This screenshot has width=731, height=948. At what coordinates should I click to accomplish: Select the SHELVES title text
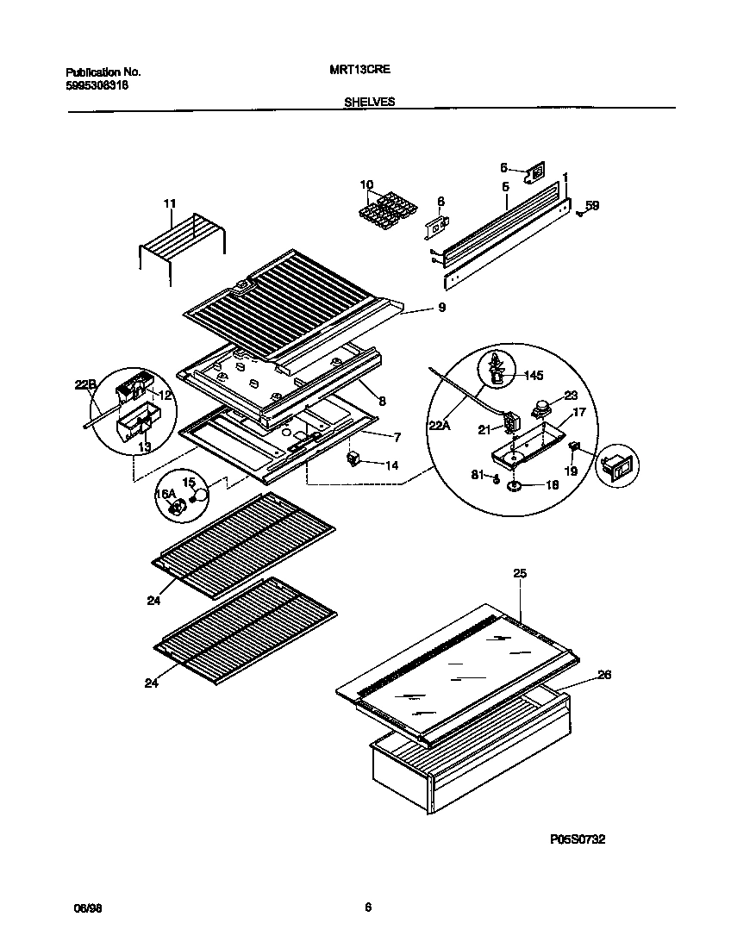point(369,101)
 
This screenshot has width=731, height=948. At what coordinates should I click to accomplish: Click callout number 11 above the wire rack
point(169,203)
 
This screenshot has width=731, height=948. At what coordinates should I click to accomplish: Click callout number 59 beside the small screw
point(591,205)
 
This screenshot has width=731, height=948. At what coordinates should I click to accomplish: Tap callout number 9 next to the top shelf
point(441,308)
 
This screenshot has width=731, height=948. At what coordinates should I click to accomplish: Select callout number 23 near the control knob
point(570,397)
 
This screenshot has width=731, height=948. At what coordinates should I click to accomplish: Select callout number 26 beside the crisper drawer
point(603,675)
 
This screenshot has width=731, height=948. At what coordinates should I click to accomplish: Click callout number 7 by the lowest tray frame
point(398,437)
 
